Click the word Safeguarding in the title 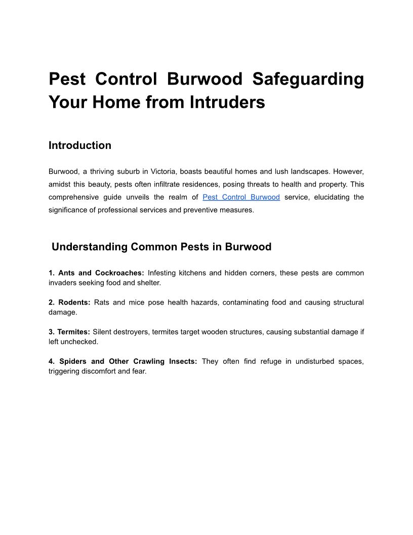pos(308,79)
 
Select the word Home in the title pos(116,102)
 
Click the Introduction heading pos(80,145)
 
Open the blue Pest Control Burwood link pos(241,197)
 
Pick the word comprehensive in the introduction pos(73,197)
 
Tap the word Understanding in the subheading pos(89,247)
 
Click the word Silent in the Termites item pos(103,332)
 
